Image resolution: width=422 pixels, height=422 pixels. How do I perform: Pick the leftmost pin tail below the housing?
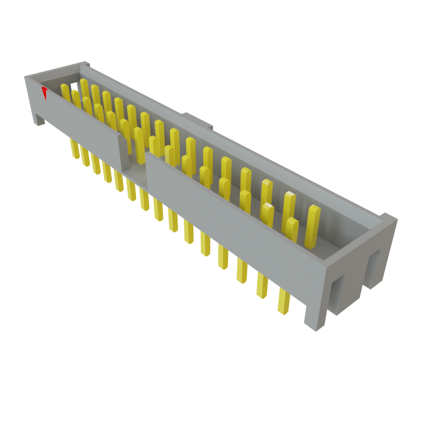click(75, 149)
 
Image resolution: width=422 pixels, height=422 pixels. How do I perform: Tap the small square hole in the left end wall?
click(74, 86)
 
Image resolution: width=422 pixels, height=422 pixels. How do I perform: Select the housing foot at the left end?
click(39, 119)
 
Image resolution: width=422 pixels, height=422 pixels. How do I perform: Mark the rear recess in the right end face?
click(374, 268)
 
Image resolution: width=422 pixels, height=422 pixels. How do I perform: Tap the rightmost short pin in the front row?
click(292, 229)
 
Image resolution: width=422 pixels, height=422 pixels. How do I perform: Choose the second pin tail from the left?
click(85, 157)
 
